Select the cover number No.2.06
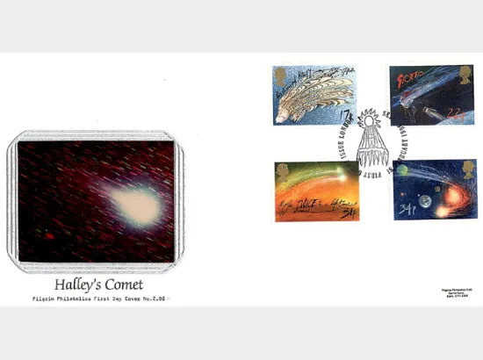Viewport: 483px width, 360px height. click(x=153, y=299)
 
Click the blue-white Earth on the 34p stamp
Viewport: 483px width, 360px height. click(x=426, y=203)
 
